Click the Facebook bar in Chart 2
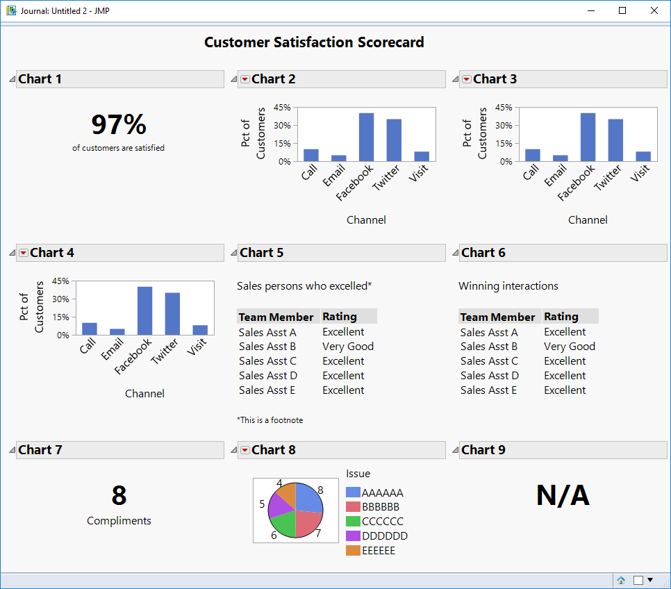(366, 138)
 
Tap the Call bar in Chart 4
(90, 329)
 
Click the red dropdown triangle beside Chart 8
(245, 450)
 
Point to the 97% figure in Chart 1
(119, 125)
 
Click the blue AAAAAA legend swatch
(353, 492)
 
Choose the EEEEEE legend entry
(378, 551)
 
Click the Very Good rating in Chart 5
(348, 347)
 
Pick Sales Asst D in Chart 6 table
(489, 376)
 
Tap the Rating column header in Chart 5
(340, 317)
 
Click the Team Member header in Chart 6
(497, 317)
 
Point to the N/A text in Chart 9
(563, 496)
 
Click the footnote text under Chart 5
(270, 420)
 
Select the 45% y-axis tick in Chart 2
(282, 108)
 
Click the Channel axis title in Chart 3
(588, 220)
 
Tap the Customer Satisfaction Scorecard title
(314, 42)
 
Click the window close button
(654, 10)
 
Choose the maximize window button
(622, 10)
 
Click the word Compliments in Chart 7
(119, 521)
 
